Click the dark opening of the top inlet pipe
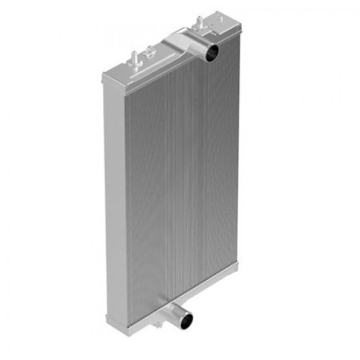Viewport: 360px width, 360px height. tap(210, 53)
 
